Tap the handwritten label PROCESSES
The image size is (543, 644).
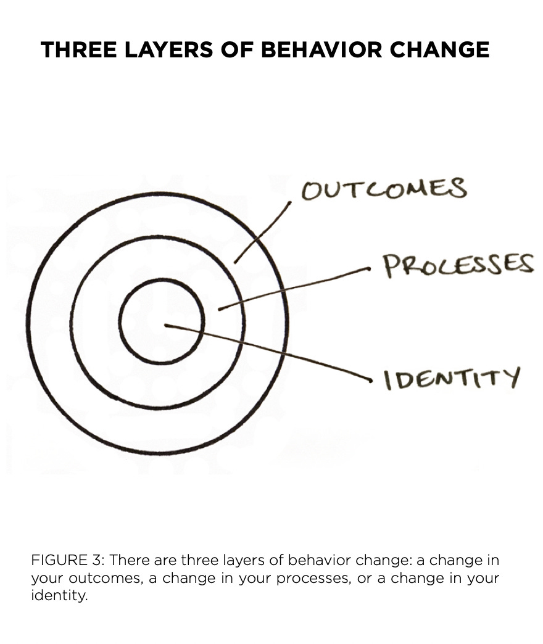coord(457,265)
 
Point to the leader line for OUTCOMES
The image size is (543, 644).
coord(263,231)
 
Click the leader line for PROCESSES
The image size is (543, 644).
coord(293,288)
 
